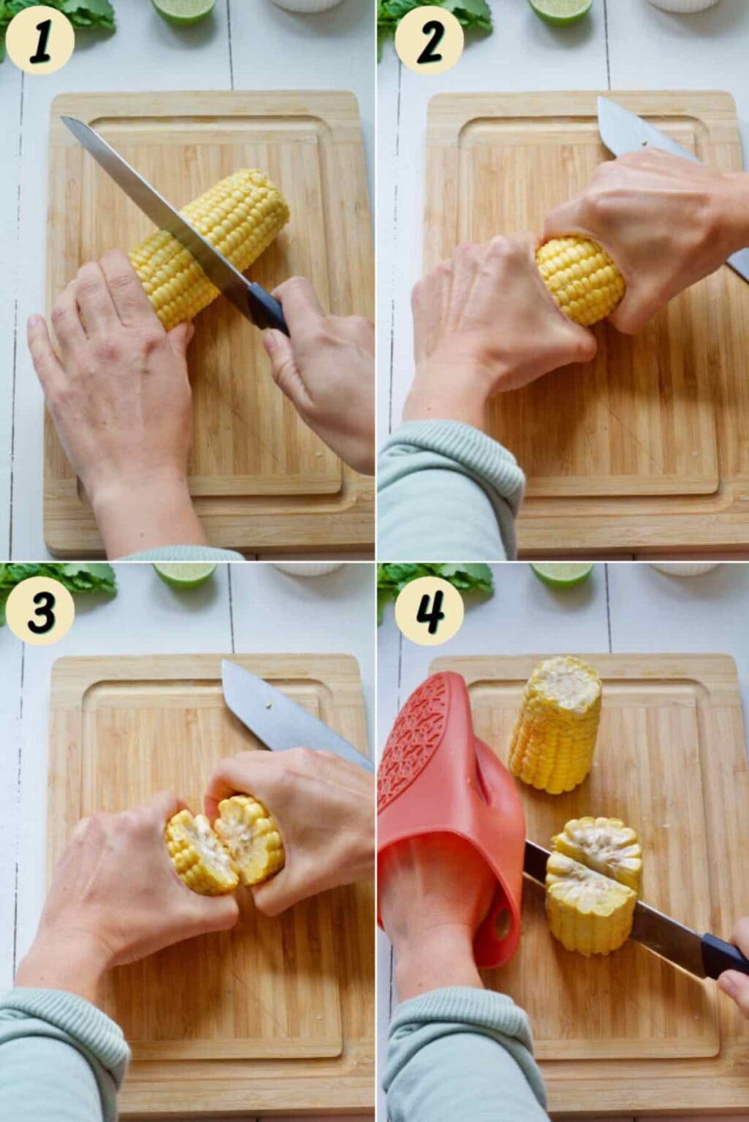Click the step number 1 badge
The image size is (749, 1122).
(39, 39)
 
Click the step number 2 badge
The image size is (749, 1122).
(429, 39)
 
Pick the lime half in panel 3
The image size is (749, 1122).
(184, 575)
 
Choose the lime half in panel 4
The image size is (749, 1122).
(561, 575)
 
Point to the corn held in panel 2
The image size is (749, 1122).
(580, 280)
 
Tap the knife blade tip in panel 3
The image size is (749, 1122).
(224, 663)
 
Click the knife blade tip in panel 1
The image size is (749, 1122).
(63, 118)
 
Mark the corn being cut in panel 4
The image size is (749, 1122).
(593, 885)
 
